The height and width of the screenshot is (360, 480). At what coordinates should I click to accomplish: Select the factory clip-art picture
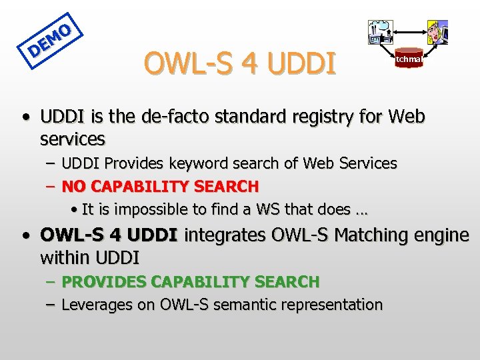coord(380,32)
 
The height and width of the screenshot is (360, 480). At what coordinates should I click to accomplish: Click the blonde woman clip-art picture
coord(437,32)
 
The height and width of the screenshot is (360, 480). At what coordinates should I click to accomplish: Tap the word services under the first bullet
coord(73,139)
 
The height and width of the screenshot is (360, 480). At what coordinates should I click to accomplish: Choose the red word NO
coord(73,186)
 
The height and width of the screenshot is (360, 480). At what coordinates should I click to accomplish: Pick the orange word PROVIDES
coord(105,282)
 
